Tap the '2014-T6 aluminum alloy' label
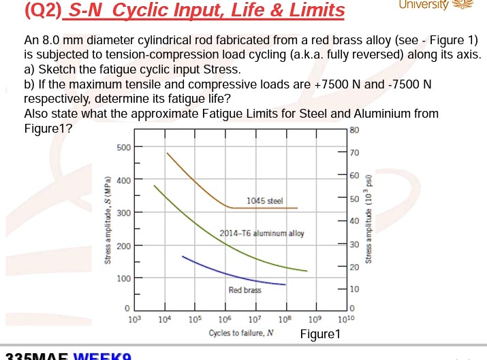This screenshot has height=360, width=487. coord(262,233)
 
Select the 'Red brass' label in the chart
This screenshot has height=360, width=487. coord(245,290)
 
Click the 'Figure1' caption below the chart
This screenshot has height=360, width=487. coord(319,334)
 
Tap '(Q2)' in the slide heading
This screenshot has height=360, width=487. coord(42,10)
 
